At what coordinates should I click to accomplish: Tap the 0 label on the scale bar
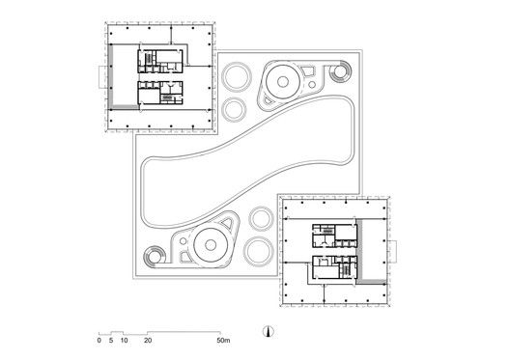(99, 341)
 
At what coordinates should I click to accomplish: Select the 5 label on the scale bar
(111, 341)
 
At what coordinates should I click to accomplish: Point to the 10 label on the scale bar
(125, 341)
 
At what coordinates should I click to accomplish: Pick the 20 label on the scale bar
(148, 341)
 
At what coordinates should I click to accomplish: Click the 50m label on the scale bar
(222, 341)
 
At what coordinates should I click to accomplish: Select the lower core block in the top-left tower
(160, 92)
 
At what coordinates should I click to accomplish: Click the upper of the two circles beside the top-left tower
(235, 81)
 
